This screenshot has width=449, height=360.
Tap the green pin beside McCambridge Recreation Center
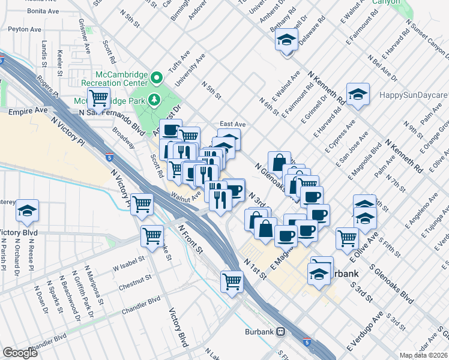coord(157,77)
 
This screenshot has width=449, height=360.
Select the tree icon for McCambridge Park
coord(154,100)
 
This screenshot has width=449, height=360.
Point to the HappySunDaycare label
coord(414,95)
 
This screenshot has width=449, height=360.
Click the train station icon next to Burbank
coord(280,332)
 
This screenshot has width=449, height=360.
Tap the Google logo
coord(20,353)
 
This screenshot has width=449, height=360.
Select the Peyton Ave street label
coord(25,29)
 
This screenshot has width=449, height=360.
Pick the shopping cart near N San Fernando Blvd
coord(98,97)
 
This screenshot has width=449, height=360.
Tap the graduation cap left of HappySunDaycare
coord(358,94)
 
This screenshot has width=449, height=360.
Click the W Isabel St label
coord(128,260)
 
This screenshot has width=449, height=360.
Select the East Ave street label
coord(232,124)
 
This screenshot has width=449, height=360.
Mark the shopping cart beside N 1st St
coord(232,280)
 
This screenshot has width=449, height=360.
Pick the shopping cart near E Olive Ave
coord(347,238)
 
